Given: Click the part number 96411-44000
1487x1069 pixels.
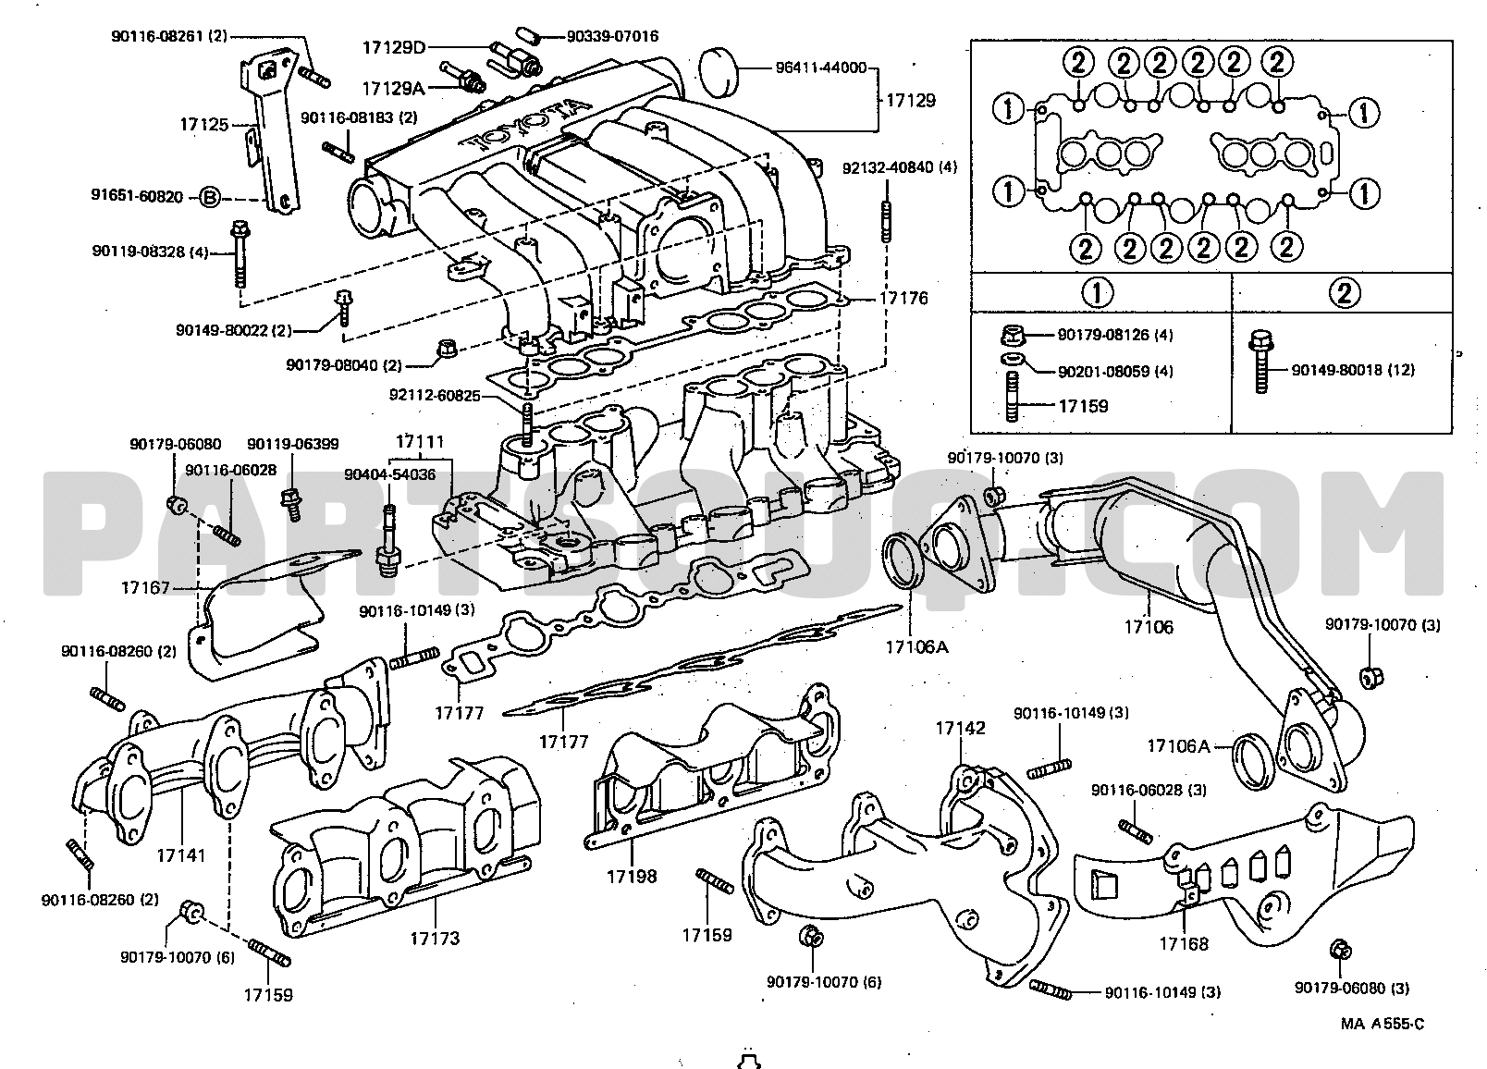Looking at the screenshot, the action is [821, 68].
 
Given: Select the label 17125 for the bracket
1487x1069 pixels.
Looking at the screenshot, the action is [204, 124].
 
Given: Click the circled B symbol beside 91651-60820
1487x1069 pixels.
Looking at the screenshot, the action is [210, 197].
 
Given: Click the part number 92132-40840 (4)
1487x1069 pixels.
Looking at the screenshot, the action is [900, 167].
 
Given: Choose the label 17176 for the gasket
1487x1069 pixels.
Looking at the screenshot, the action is [903, 298].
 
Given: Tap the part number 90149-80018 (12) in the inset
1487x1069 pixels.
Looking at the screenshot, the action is [1353, 370].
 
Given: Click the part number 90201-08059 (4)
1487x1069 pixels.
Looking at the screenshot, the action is [1115, 371].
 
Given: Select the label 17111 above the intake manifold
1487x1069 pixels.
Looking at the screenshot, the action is [420, 441].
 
